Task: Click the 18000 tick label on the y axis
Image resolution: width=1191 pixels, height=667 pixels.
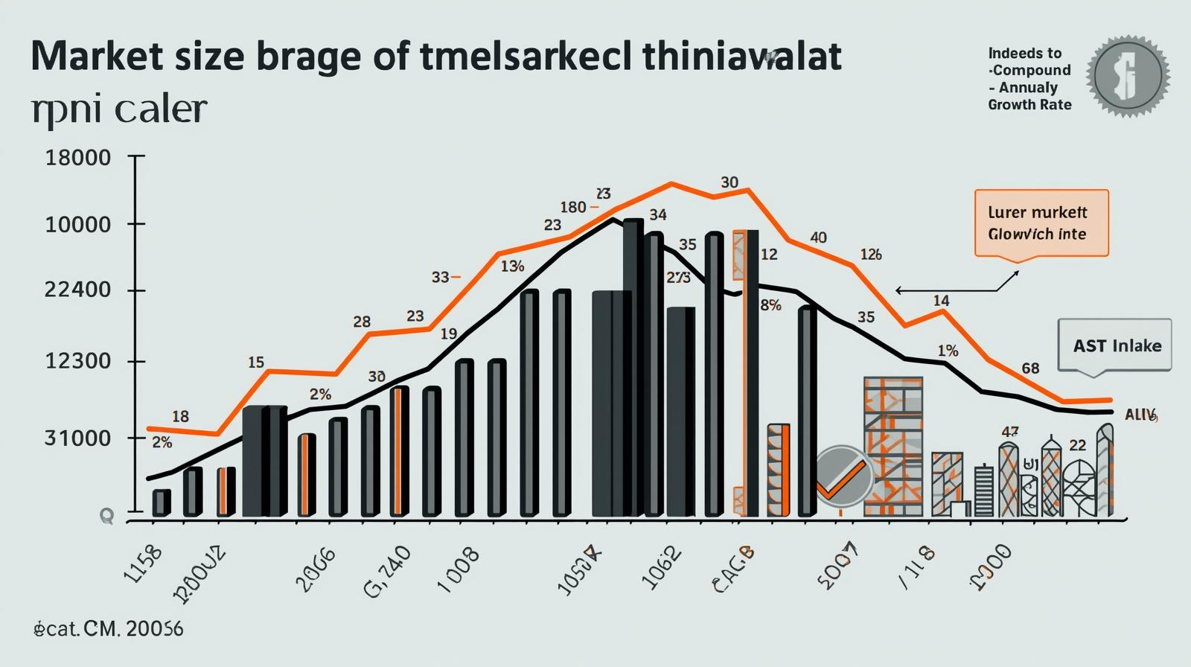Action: pos(78,158)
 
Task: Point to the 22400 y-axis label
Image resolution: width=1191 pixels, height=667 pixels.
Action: pos(78,290)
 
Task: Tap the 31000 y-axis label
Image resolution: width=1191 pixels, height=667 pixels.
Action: pos(78,437)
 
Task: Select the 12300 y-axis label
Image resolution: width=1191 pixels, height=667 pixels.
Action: pos(78,361)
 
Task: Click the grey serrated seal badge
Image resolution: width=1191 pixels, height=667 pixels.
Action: pos(1128,76)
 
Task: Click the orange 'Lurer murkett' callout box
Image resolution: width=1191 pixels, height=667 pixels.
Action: pos(1041,223)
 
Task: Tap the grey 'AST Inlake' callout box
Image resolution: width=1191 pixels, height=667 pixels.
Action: pos(1114,345)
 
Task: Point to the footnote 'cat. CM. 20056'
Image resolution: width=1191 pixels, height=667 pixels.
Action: pos(109,629)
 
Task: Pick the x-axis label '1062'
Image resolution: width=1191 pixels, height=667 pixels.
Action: pos(660,567)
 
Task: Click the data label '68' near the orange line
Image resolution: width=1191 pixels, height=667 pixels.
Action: pos(1030,368)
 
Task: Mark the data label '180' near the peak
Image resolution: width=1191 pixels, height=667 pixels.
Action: pos(573,207)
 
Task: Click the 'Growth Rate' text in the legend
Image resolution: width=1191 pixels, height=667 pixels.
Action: pos(1029,105)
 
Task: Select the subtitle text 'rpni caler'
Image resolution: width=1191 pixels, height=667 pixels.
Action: pos(119,110)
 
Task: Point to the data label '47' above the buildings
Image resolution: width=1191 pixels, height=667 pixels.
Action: pos(1010,432)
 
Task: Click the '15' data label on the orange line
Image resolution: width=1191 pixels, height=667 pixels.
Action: pos(255,363)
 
